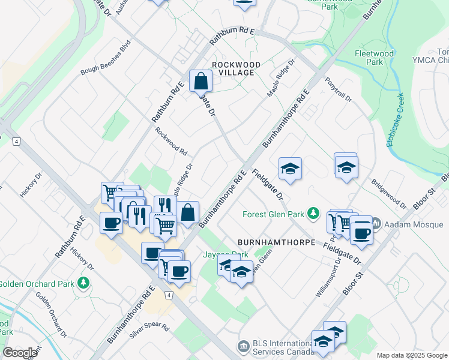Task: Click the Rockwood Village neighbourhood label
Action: [236, 68]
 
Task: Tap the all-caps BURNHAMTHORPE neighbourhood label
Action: [276, 242]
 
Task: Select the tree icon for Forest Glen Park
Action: [312, 214]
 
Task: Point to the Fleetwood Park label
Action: [374, 58]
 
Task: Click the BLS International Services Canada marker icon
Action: [243, 346]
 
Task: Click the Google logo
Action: [20, 353]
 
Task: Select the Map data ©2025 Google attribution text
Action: [411, 355]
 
